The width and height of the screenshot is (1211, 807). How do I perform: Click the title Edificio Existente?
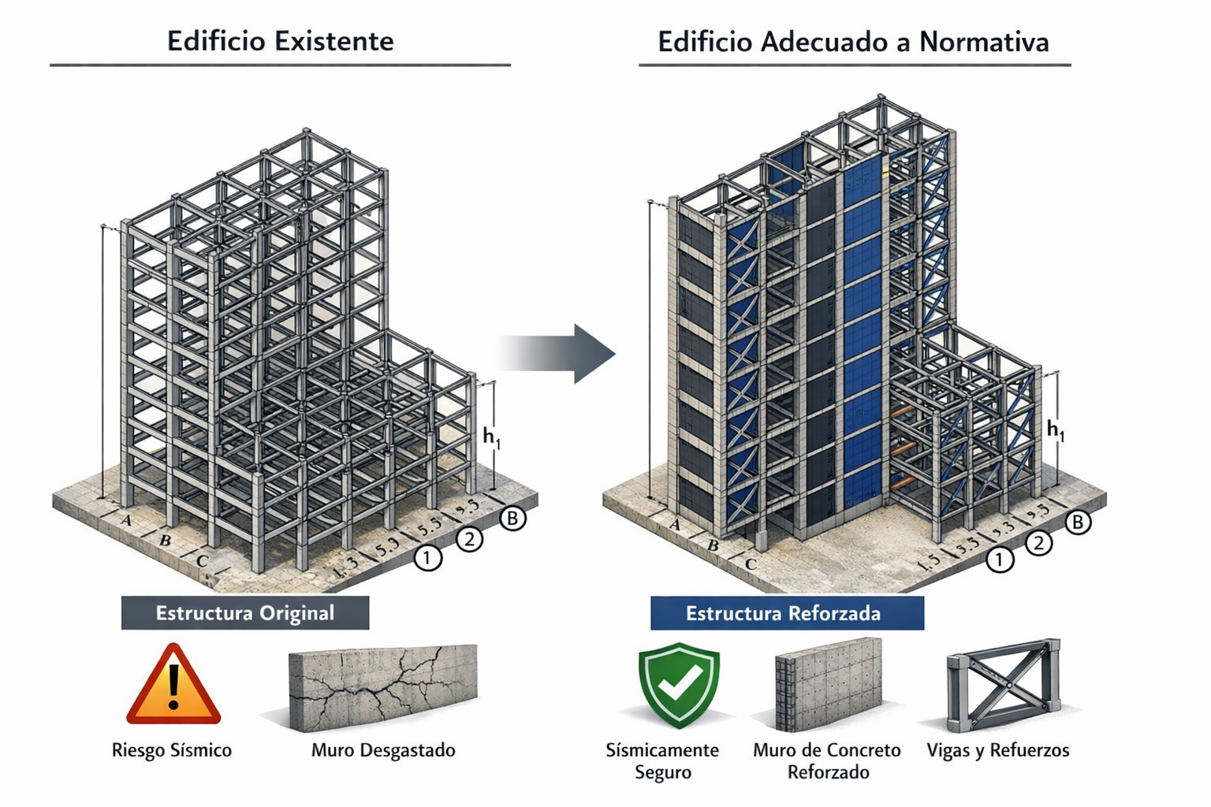click(x=280, y=41)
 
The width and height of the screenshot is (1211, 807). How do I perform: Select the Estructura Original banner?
click(x=244, y=613)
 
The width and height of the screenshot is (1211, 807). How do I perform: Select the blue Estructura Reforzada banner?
click(x=786, y=613)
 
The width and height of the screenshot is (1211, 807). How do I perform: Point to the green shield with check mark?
click(x=679, y=682)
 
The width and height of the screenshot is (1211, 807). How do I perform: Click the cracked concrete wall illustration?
click(x=383, y=686)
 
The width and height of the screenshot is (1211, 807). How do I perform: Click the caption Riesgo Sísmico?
click(x=172, y=749)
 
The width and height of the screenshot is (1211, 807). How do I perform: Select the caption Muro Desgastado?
click(x=383, y=749)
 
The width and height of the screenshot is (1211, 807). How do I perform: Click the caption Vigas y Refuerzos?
click(x=998, y=749)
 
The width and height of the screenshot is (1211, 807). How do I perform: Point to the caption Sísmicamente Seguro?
click(x=662, y=761)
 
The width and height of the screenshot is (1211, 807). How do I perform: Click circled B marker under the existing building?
click(x=513, y=518)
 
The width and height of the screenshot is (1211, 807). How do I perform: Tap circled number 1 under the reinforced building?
click(x=1000, y=560)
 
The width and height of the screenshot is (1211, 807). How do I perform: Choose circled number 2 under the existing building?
click(x=470, y=539)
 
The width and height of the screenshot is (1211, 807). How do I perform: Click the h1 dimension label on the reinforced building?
click(x=1055, y=430)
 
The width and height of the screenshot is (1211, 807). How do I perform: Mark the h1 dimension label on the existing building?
click(x=491, y=437)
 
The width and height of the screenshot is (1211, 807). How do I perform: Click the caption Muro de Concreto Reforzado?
click(x=827, y=761)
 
